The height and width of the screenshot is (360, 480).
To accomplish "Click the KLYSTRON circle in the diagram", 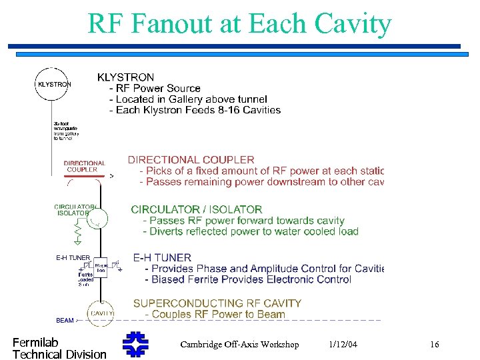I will pyautogui.click(x=53, y=84).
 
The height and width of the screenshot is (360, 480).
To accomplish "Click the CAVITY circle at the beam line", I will pyautogui.click(x=100, y=313).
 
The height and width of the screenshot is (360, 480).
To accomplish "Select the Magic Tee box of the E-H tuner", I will pyautogui.click(x=100, y=267).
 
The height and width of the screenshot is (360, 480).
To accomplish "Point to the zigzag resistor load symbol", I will pyautogui.click(x=79, y=232).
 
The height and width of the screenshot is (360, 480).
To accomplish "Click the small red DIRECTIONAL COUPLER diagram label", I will pyautogui.click(x=84, y=166).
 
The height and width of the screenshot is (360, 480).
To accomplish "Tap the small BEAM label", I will pyautogui.click(x=65, y=321).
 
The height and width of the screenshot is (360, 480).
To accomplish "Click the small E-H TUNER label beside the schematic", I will pyautogui.click(x=73, y=258).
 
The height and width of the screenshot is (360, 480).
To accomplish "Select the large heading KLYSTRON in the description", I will pyautogui.click(x=125, y=77).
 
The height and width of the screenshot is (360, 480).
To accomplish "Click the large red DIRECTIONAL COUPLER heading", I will pyautogui.click(x=191, y=160).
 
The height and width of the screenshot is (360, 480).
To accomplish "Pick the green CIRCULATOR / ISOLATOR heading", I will pyautogui.click(x=197, y=209).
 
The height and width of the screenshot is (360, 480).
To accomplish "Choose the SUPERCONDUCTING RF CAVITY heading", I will pyautogui.click(x=217, y=303).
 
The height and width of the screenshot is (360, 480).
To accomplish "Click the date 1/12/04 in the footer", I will pyautogui.click(x=343, y=344).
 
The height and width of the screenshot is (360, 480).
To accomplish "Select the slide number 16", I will pyautogui.click(x=434, y=344).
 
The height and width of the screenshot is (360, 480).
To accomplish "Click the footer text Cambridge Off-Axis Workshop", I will pyautogui.click(x=239, y=344).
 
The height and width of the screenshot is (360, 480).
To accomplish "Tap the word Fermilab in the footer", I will pyautogui.click(x=35, y=343).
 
